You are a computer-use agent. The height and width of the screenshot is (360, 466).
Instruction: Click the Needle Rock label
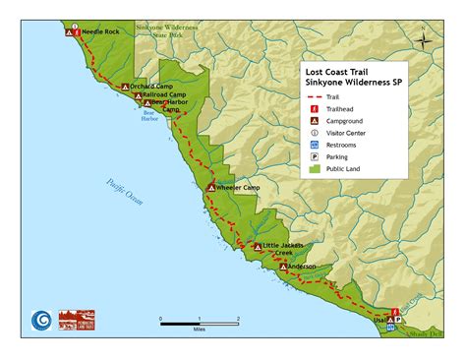click(99, 31)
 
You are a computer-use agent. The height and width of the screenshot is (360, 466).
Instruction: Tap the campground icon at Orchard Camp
click(125, 87)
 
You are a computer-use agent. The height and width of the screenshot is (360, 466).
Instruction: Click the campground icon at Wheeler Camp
click(210, 187)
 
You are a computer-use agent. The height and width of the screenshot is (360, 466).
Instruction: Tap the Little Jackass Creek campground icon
click(258, 248)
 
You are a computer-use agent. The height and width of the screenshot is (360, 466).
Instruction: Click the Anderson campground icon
click(283, 266)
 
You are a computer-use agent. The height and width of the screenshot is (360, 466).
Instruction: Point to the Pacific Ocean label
click(126, 188)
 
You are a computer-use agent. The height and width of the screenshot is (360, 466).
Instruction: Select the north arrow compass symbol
click(423, 40)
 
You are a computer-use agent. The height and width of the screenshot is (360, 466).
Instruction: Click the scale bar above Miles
click(200, 321)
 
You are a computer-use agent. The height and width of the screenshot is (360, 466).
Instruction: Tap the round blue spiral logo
click(40, 320)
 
